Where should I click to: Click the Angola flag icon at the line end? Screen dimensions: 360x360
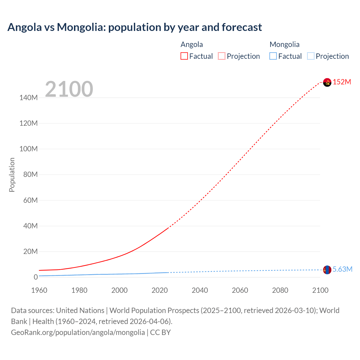[327, 82]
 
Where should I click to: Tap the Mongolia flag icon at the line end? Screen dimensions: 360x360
[327, 270]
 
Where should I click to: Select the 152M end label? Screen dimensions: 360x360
[342, 82]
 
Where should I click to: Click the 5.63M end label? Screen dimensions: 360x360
[342, 269]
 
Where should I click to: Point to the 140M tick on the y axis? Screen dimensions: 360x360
[28, 98]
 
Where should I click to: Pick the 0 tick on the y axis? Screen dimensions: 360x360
[36, 277]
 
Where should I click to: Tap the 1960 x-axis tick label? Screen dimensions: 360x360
[39, 290]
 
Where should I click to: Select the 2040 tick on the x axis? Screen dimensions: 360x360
[200, 290]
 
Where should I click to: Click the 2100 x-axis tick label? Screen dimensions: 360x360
[320, 290]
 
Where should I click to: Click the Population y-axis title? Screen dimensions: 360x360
[12, 175]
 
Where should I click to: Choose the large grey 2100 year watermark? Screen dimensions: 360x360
[69, 89]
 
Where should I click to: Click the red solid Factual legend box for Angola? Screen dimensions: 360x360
[184, 56]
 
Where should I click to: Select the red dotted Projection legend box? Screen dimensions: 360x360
[222, 56]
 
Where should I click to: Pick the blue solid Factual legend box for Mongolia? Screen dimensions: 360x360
[273, 56]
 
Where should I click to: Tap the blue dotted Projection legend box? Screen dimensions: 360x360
[310, 56]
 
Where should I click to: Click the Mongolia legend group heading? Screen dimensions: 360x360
[284, 44]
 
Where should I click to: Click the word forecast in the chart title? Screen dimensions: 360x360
[242, 27]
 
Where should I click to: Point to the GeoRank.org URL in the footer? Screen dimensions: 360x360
[78, 332]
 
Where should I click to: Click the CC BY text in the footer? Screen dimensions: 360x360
[160, 332]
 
